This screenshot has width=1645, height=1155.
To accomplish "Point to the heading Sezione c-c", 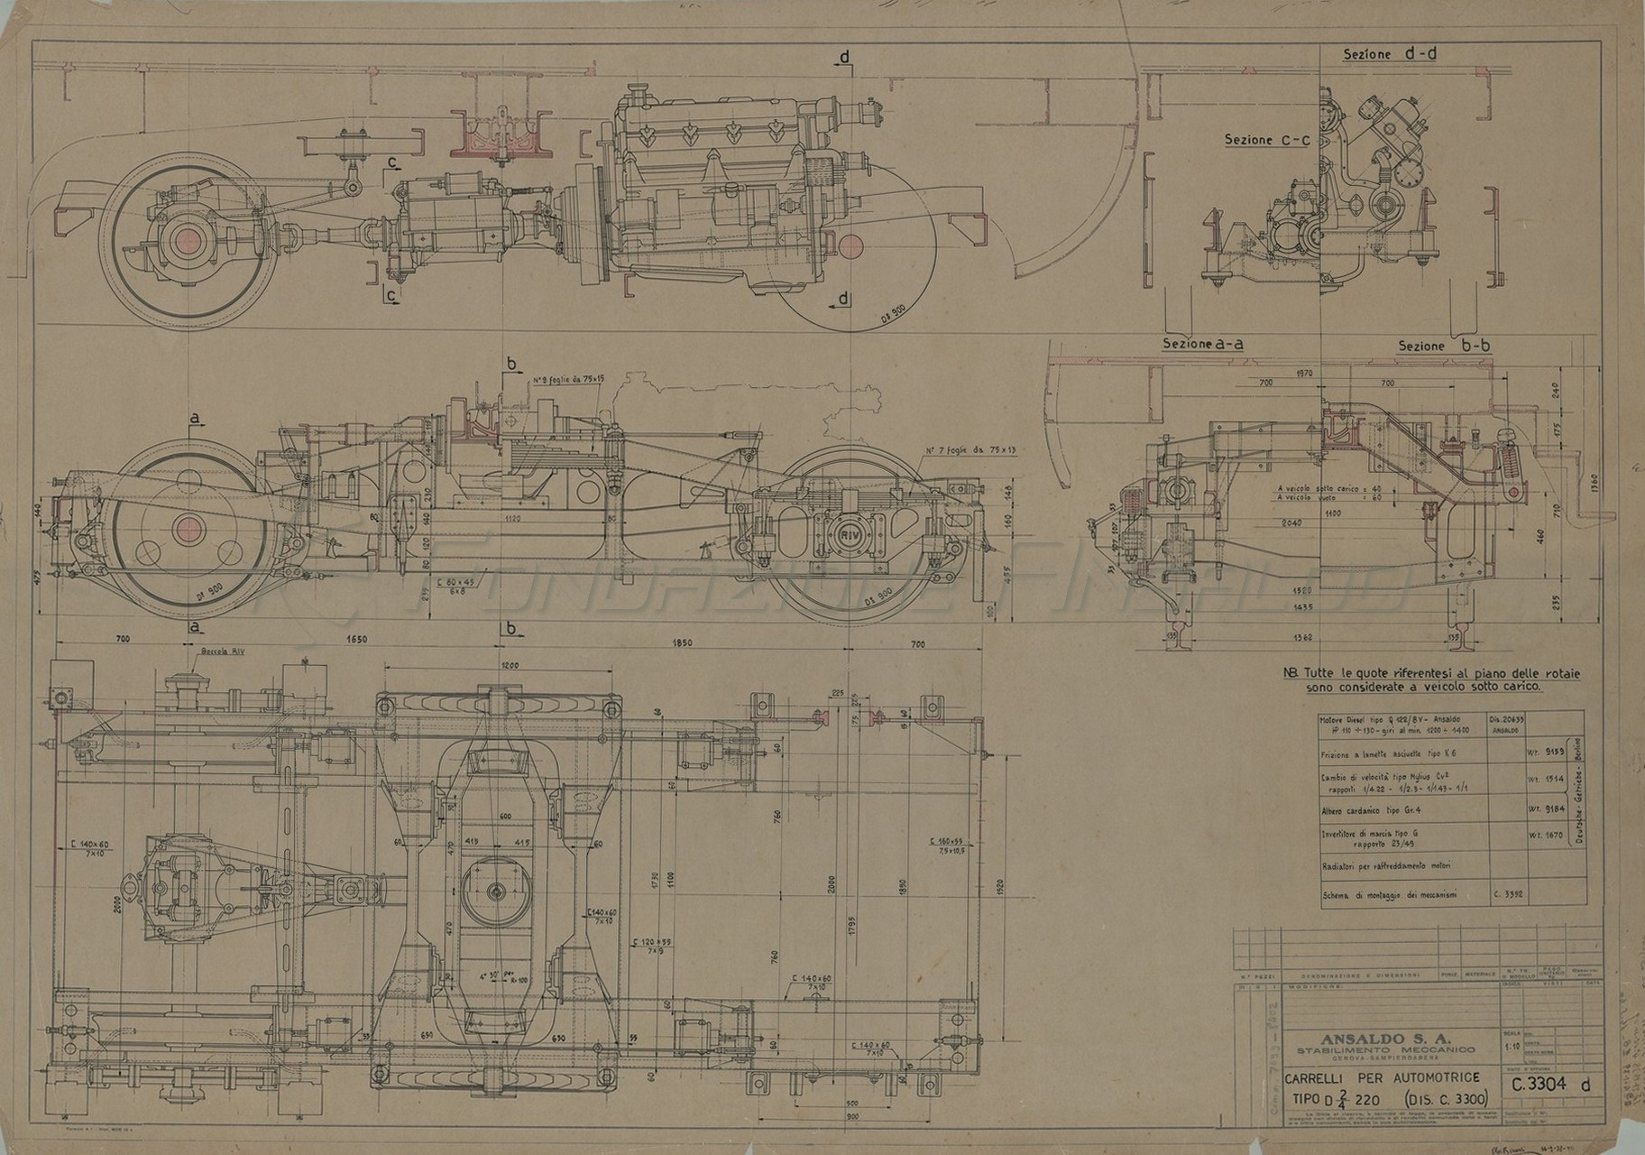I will point(1261,140).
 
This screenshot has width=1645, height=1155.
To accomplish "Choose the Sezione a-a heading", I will point(1203,344).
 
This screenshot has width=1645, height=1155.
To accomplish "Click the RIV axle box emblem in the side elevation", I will point(850,534).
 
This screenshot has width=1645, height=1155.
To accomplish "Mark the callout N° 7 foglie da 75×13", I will point(970,450).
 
